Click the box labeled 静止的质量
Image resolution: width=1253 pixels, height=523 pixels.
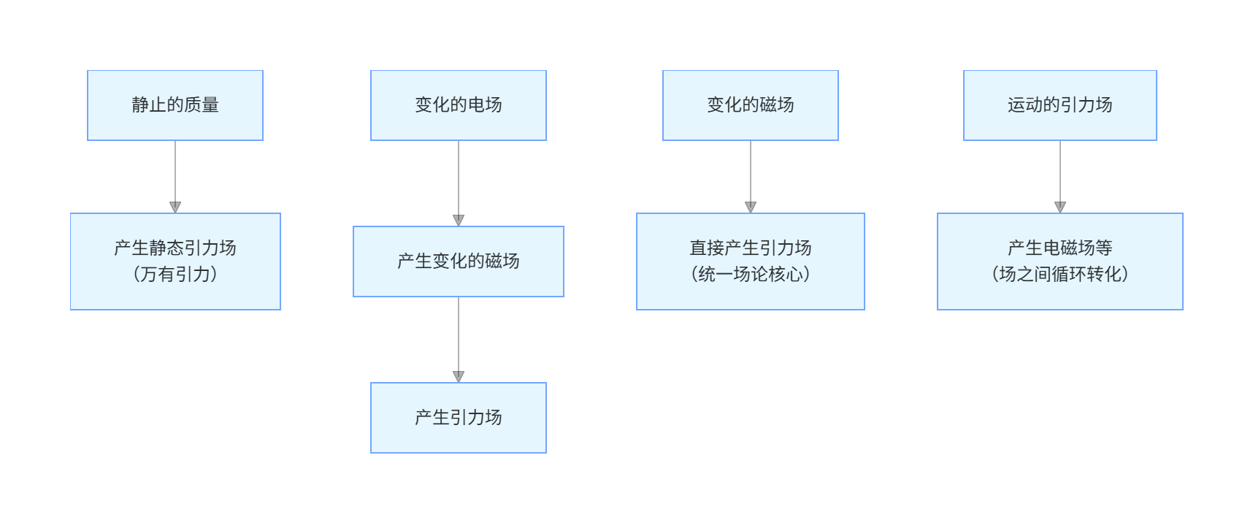pyautogui.click(x=175, y=105)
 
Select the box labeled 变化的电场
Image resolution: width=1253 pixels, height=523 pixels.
pyautogui.click(x=459, y=105)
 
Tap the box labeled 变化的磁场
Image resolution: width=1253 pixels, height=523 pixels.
pyautogui.click(x=751, y=105)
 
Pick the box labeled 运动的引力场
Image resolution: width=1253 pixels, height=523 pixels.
pyautogui.click(x=1060, y=105)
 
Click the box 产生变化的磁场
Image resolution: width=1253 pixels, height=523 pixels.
pyautogui.click(x=459, y=261)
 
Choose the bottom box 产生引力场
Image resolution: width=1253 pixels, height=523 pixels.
pyautogui.click(x=459, y=418)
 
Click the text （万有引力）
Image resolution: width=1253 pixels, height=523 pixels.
pyautogui.click(x=175, y=275)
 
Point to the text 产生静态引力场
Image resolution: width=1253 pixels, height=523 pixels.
pyautogui.click(x=175, y=248)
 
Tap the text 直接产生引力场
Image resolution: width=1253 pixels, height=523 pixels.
pyautogui.click(x=751, y=248)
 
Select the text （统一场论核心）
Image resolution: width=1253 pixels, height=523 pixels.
pyautogui.click(x=751, y=275)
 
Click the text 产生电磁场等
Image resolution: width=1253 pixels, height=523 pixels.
pyautogui.click(x=1060, y=248)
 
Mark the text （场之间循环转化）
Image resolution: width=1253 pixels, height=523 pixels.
pyautogui.click(x=1060, y=275)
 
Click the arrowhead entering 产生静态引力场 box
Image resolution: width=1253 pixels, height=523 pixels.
pyautogui.click(x=175, y=207)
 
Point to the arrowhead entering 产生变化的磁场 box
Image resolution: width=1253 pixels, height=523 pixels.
pyautogui.click(x=459, y=221)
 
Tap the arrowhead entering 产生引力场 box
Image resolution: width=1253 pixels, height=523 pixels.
pyautogui.click(x=459, y=377)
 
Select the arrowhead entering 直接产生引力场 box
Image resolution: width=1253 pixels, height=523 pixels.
pyautogui.click(x=751, y=207)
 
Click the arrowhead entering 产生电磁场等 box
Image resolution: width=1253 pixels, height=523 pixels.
pyautogui.click(x=1060, y=207)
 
